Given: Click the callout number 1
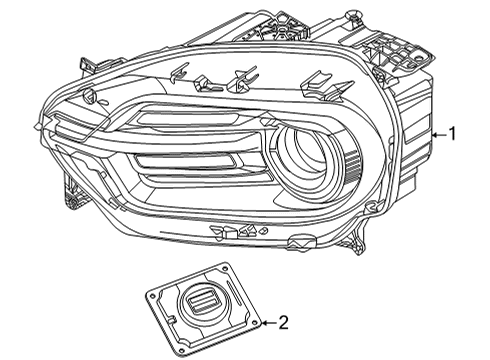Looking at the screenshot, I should [x=454, y=134].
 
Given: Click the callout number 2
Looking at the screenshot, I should [x=284, y=322].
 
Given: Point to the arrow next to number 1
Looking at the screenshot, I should [x=437, y=134].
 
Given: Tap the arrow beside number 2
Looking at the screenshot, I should [x=265, y=322].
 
